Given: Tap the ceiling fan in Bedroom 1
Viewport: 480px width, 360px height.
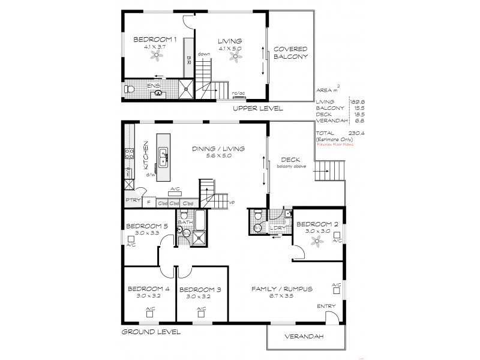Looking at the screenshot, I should point(157,56).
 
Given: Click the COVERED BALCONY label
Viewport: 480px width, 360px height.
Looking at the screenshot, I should point(290,53).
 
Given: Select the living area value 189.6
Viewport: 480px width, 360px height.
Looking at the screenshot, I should point(349,102).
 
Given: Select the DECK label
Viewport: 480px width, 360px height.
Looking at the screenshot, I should point(290,160).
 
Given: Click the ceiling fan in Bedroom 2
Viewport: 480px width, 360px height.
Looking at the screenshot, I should point(317,241).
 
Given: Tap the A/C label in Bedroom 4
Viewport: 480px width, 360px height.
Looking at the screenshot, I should point(149,309).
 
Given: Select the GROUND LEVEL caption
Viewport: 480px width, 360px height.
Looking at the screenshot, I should point(151,331).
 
